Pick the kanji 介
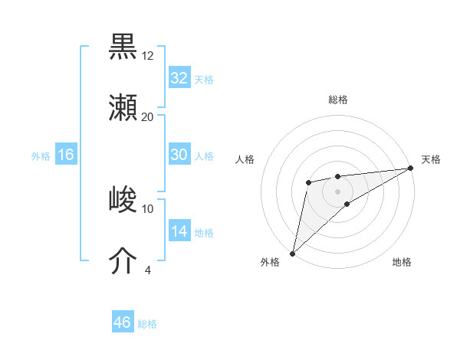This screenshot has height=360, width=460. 123,260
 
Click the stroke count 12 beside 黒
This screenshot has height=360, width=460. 148,56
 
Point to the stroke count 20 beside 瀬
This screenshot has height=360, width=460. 148,117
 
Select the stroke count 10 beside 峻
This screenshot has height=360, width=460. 148,208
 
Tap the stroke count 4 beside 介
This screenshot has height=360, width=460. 148,270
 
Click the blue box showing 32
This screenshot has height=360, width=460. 179,78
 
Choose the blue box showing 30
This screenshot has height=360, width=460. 179,155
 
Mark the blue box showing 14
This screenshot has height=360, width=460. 179,231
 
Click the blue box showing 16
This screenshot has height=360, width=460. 66,155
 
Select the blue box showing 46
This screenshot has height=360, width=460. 122,322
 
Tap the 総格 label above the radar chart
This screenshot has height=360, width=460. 338,100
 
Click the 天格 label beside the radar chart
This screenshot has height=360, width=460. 431,159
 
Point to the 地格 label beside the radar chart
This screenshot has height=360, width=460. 402,263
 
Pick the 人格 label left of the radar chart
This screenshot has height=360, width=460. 245,159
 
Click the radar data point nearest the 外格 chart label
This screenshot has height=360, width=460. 292,253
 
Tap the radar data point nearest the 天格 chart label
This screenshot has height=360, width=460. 410,168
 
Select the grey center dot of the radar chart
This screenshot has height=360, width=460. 338,191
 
